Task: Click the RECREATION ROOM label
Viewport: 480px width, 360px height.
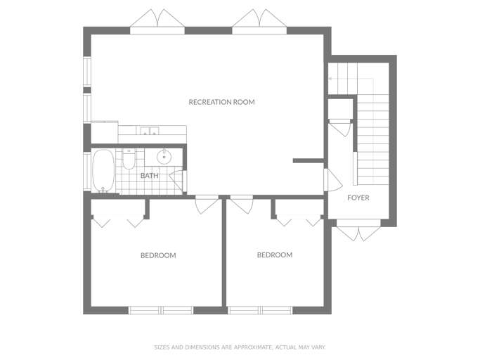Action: tap(221, 102)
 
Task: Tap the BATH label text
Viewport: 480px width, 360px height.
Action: tap(150, 176)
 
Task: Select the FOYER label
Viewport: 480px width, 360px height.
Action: tap(358, 198)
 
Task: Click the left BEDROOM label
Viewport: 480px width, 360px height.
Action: tap(158, 255)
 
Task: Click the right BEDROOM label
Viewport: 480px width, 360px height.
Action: tap(275, 255)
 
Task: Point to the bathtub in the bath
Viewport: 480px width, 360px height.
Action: tap(103, 171)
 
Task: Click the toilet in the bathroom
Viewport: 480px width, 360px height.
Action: tap(129, 159)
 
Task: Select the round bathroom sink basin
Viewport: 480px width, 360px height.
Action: tap(164, 157)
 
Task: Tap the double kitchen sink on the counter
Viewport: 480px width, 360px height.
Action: tap(150, 131)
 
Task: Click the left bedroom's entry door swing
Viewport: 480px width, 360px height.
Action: tap(207, 205)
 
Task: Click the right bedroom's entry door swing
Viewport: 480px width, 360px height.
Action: tap(242, 205)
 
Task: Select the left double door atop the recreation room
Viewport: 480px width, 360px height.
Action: tap(157, 22)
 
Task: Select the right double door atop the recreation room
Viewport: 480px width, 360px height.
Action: tap(259, 22)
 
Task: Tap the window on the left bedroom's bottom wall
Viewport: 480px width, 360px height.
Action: tap(161, 310)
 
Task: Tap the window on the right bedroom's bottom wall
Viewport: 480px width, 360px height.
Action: tap(260, 310)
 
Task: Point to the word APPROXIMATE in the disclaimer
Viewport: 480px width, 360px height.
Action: tap(252, 347)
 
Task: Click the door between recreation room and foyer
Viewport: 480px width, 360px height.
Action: tap(332, 180)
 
